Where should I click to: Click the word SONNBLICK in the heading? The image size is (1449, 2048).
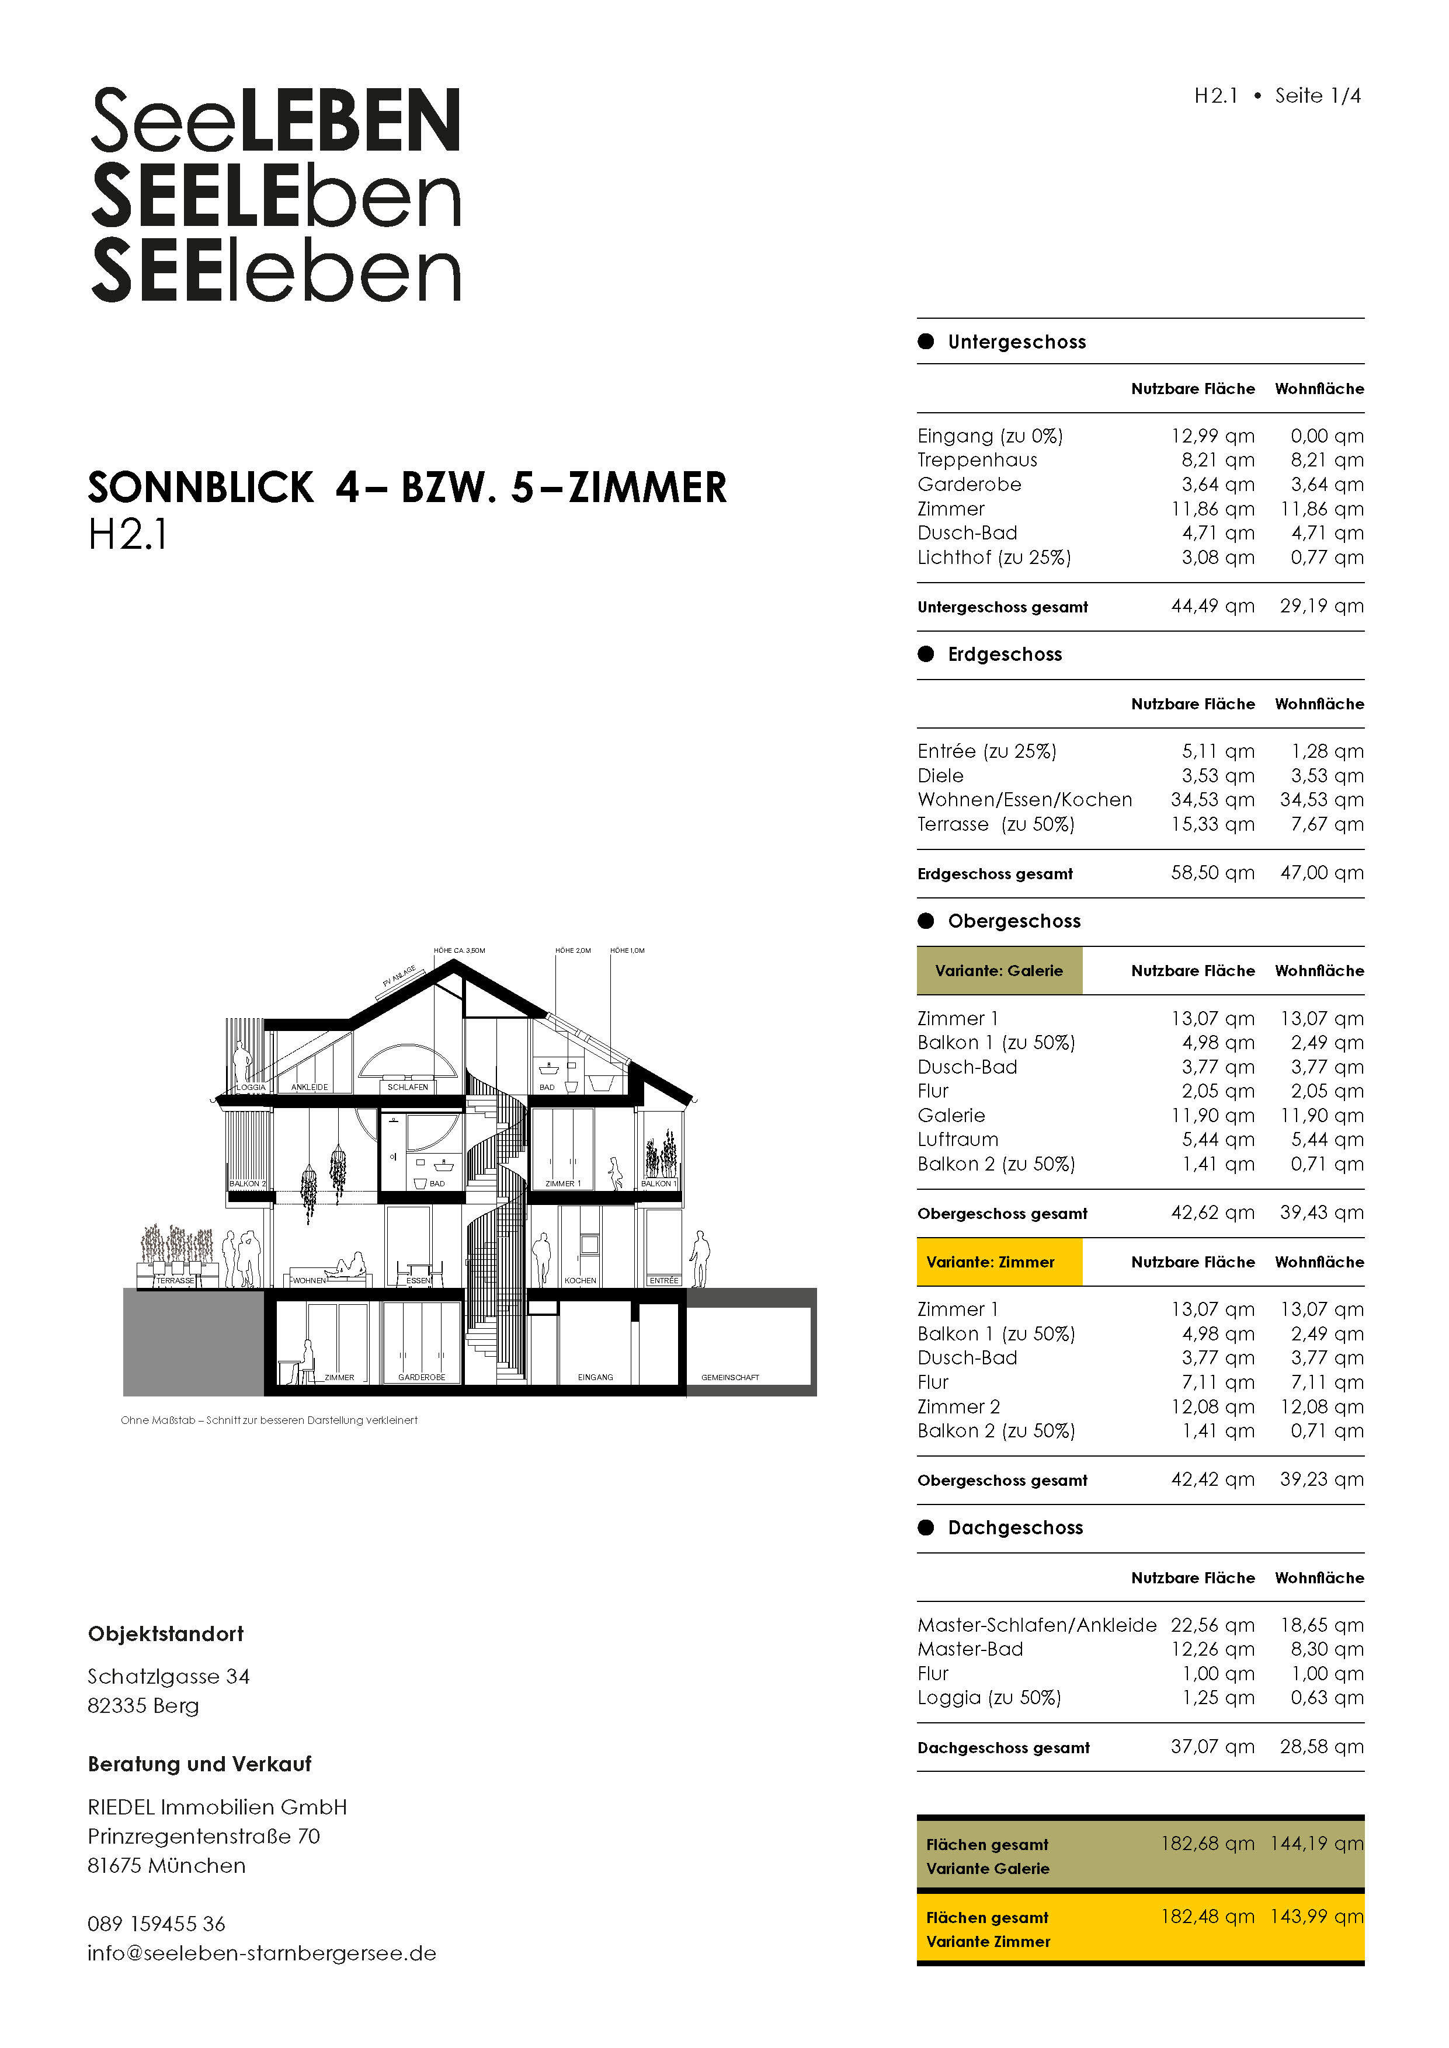pyautogui.click(x=201, y=488)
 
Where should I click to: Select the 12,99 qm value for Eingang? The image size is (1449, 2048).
pyautogui.click(x=1212, y=436)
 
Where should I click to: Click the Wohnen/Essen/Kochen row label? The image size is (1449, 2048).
pyautogui.click(x=1024, y=800)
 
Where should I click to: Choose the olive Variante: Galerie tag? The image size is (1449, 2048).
pyautogui.click(x=999, y=970)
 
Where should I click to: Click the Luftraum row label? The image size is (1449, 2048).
pyautogui.click(x=957, y=1140)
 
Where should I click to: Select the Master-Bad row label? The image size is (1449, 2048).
pyautogui.click(x=970, y=1649)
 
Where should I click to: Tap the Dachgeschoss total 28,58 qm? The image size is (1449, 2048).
pyautogui.click(x=1322, y=1747)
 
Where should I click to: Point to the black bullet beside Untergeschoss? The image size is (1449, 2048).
pyautogui.click(x=926, y=342)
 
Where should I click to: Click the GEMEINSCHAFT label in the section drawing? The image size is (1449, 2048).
pyautogui.click(x=730, y=1377)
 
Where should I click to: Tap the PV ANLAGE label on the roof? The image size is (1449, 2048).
pyautogui.click(x=399, y=976)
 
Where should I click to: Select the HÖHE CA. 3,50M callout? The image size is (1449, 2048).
pyautogui.click(x=460, y=951)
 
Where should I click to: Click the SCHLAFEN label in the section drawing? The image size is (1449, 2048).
pyautogui.click(x=408, y=1087)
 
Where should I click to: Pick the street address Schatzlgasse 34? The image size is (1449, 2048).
pyautogui.click(x=169, y=1677)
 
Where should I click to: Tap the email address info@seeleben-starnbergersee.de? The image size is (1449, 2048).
pyautogui.click(x=262, y=1953)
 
